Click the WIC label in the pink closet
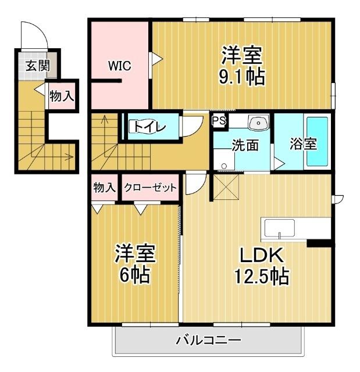[x=119, y=66]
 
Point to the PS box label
[x=219, y=121]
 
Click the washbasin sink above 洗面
[x=257, y=123]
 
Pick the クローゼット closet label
[x=150, y=188]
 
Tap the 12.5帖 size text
[x=261, y=276]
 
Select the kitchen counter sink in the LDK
[x=280, y=228]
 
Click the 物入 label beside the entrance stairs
[x=61, y=96]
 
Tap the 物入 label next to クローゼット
[x=104, y=187]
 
